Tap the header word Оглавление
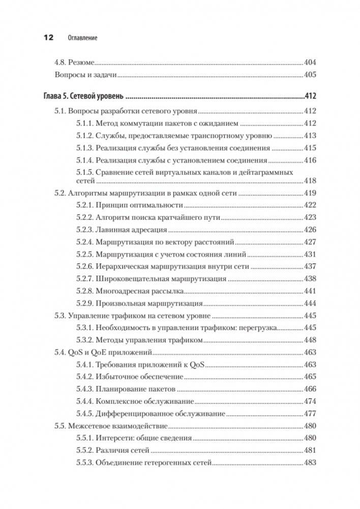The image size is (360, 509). tap(82, 38)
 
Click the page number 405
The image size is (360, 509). tap(310, 75)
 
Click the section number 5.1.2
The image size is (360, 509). tap(84, 136)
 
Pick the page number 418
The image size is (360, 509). tap(310, 181)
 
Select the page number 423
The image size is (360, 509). tap(310, 218)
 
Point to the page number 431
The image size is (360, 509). tap(310, 254)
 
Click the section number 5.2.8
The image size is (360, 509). tap(84, 291)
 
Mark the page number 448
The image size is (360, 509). tap(310, 340)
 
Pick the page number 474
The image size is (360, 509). tap(310, 402)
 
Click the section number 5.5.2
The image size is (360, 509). tap(84, 451)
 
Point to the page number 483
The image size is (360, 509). tap(310, 463)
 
